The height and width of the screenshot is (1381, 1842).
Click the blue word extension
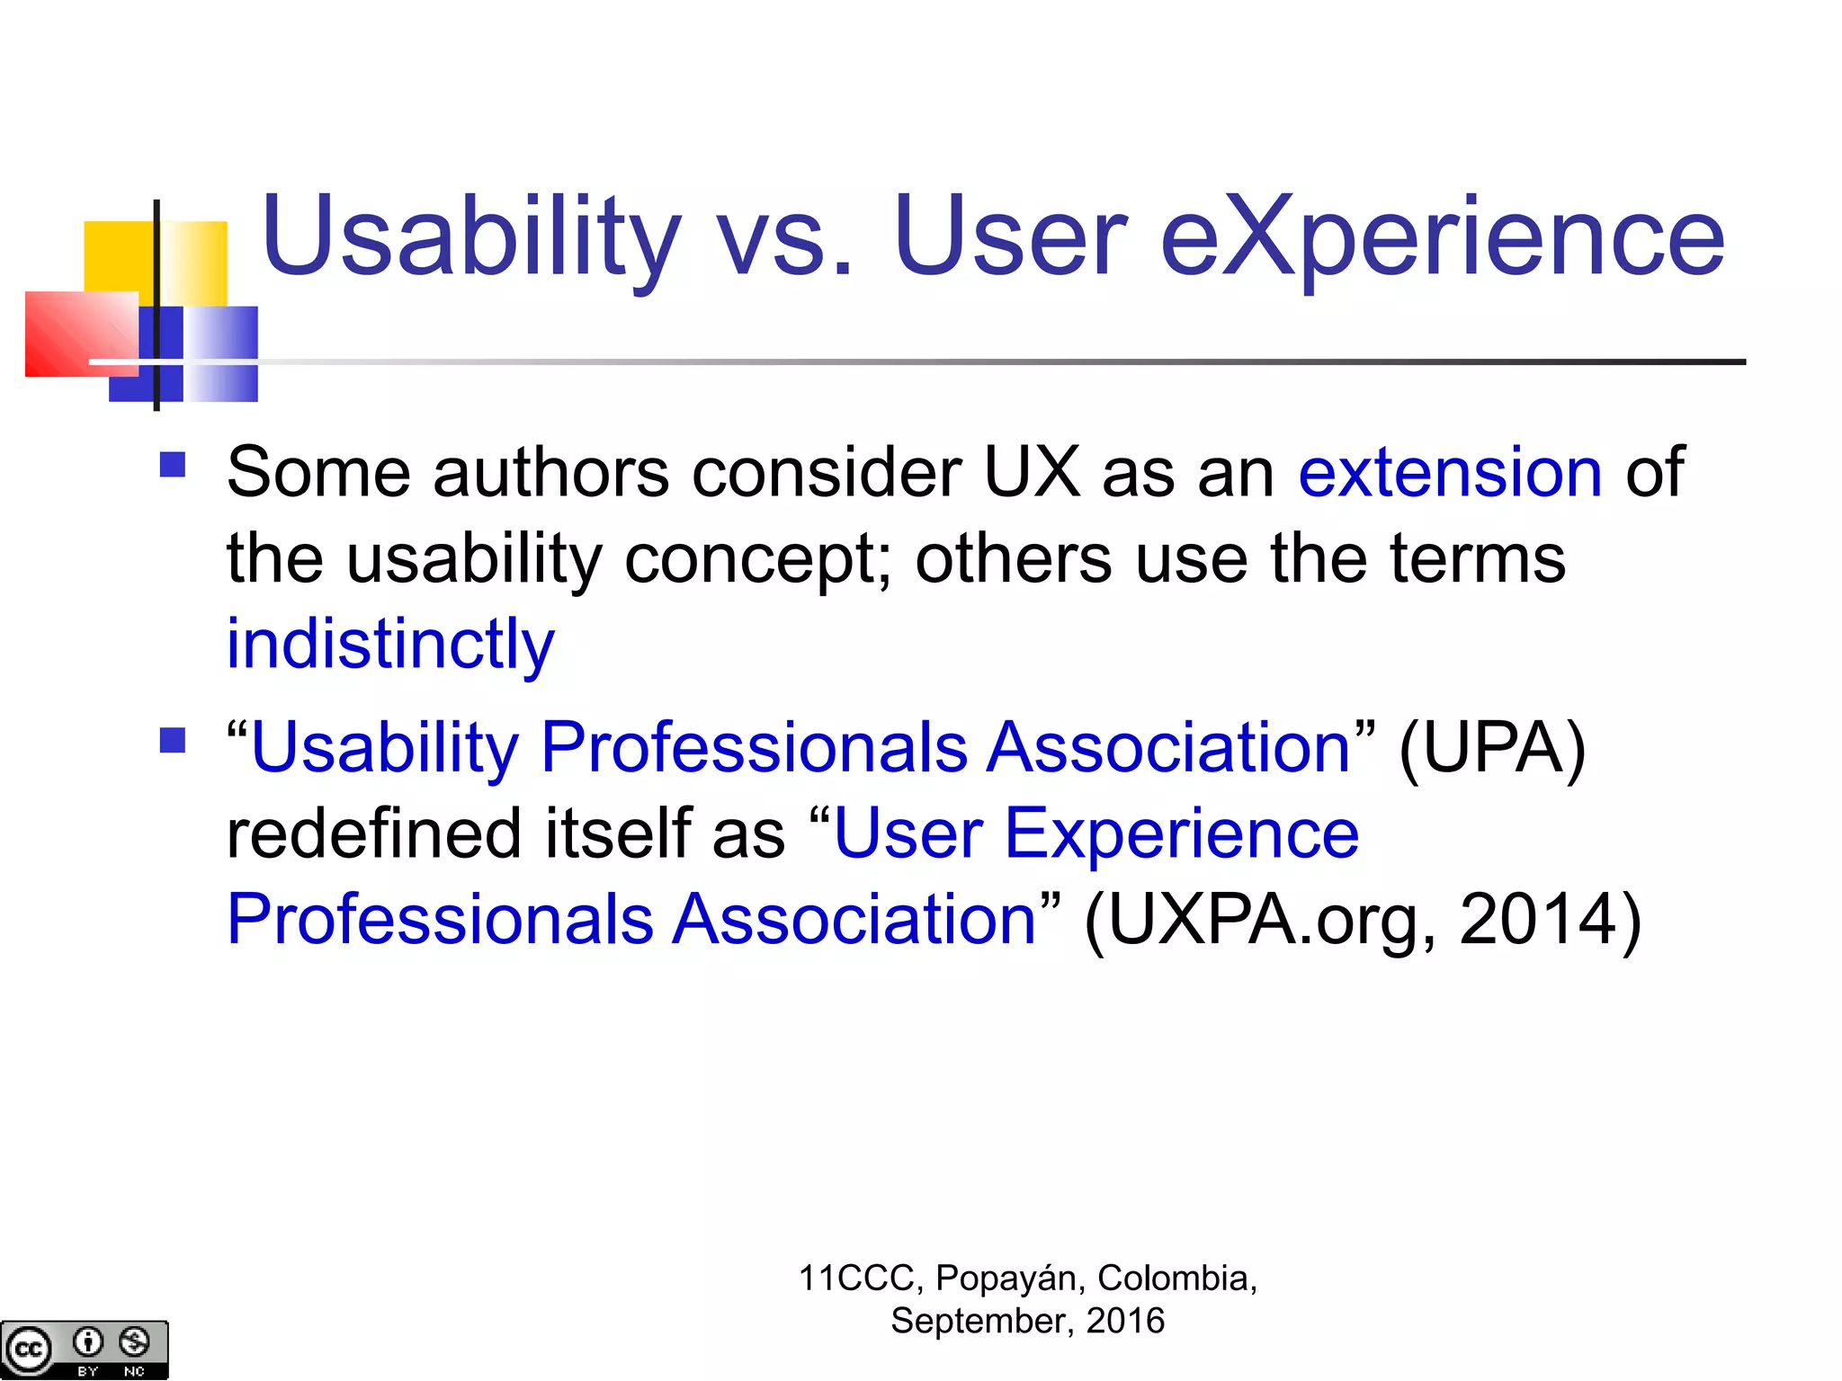pos(1450,473)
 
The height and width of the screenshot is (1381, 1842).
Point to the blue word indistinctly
pos(390,646)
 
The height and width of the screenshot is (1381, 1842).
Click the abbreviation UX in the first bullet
pos(1031,473)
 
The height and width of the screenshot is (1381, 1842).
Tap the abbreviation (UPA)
pos(1492,748)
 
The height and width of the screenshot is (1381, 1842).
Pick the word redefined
pos(374,833)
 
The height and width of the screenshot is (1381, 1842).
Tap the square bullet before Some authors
pos(172,465)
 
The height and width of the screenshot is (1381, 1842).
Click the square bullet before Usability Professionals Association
pos(172,741)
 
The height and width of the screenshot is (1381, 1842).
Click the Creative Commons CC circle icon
pos(28,1350)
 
